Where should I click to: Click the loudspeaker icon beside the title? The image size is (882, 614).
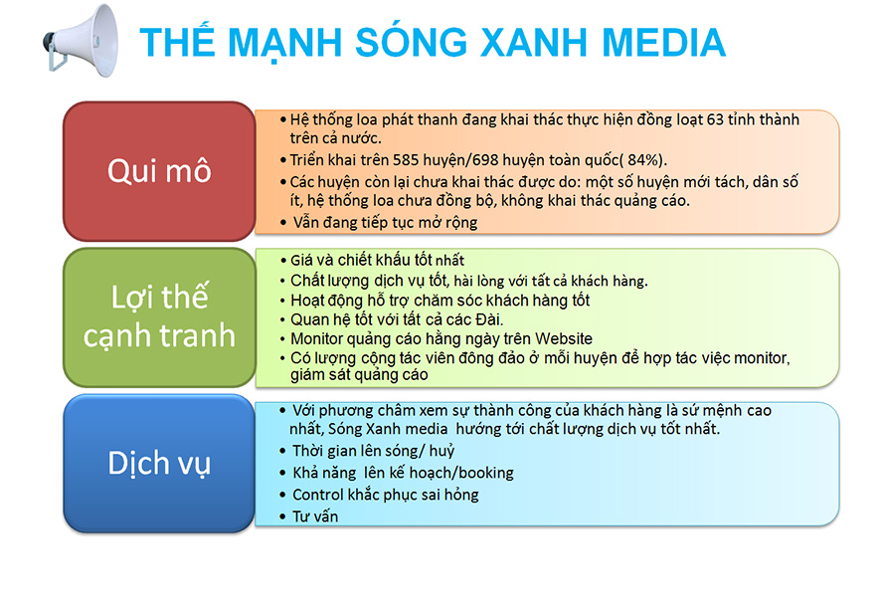(81, 41)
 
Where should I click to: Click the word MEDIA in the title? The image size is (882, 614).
(663, 43)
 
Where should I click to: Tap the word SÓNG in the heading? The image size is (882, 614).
(412, 41)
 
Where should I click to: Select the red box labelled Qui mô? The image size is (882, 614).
(159, 171)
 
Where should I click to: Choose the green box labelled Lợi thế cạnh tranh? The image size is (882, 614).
(159, 316)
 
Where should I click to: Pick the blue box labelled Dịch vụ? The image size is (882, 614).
(159, 463)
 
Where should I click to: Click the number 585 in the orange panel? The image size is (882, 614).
(406, 160)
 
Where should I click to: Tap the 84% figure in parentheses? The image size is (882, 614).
(643, 160)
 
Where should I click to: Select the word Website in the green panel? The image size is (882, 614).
(564, 338)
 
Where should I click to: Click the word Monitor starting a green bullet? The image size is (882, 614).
(316, 338)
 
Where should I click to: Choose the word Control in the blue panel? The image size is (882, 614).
(318, 495)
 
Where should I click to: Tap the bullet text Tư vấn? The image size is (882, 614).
(315, 516)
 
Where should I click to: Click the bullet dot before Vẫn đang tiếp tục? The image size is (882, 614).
(283, 223)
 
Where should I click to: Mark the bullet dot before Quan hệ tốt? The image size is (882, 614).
(283, 320)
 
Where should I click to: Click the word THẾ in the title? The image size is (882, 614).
(177, 41)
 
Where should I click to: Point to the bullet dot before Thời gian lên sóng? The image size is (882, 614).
(283, 452)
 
